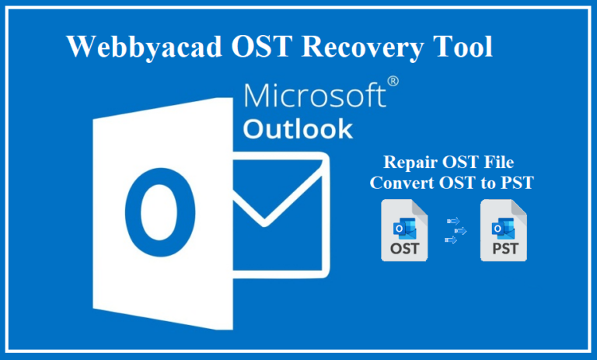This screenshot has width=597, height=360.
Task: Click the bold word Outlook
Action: [x=298, y=129]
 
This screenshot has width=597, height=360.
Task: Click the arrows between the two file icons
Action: [x=456, y=231]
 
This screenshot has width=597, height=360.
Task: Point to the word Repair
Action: [x=410, y=163]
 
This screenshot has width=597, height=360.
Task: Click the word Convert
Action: [x=397, y=183]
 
